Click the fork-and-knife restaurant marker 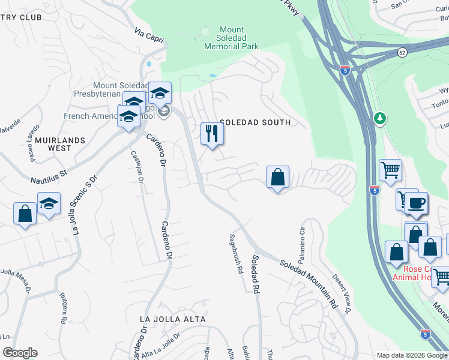211,133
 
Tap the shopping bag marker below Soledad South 277,177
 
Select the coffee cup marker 415,202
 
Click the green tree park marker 379,118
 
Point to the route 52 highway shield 402,53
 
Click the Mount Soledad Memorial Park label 231,38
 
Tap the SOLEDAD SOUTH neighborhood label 255,122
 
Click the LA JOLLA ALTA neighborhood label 172,319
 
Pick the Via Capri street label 149,35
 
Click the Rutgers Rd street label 63,307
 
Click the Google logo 20,353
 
